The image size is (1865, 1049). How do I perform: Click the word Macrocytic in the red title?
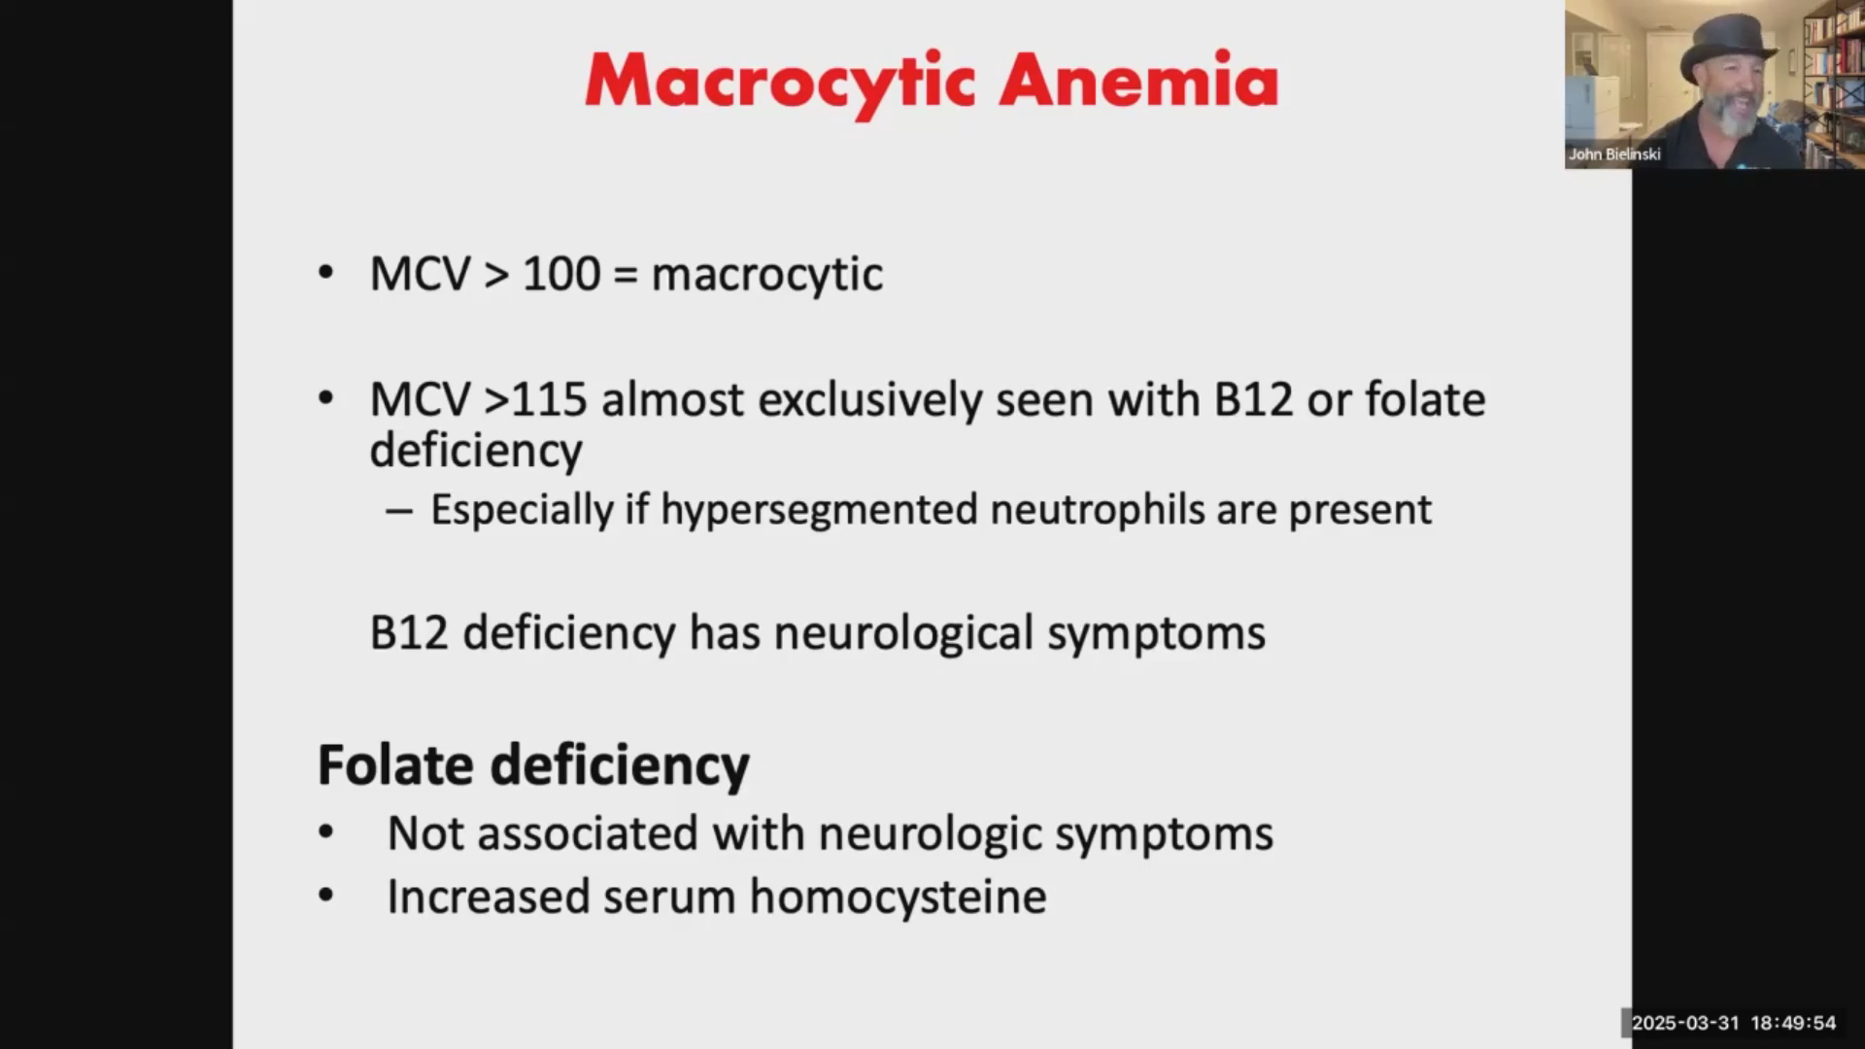(780, 83)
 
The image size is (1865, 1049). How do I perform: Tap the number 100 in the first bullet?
(561, 273)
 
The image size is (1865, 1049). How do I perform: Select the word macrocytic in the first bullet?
(766, 275)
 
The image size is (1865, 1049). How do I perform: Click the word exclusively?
(870, 400)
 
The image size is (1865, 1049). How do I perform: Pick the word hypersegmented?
(819, 510)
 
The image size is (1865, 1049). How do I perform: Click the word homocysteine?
(899, 897)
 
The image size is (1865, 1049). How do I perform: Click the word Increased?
(489, 897)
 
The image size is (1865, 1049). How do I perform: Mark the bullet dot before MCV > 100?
(325, 272)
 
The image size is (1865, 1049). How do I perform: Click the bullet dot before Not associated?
(325, 831)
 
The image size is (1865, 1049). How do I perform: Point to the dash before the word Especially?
(399, 511)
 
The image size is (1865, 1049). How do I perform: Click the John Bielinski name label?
(1614, 154)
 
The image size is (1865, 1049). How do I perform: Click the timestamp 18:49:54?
(1793, 1023)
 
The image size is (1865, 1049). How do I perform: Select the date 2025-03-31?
(1685, 1023)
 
